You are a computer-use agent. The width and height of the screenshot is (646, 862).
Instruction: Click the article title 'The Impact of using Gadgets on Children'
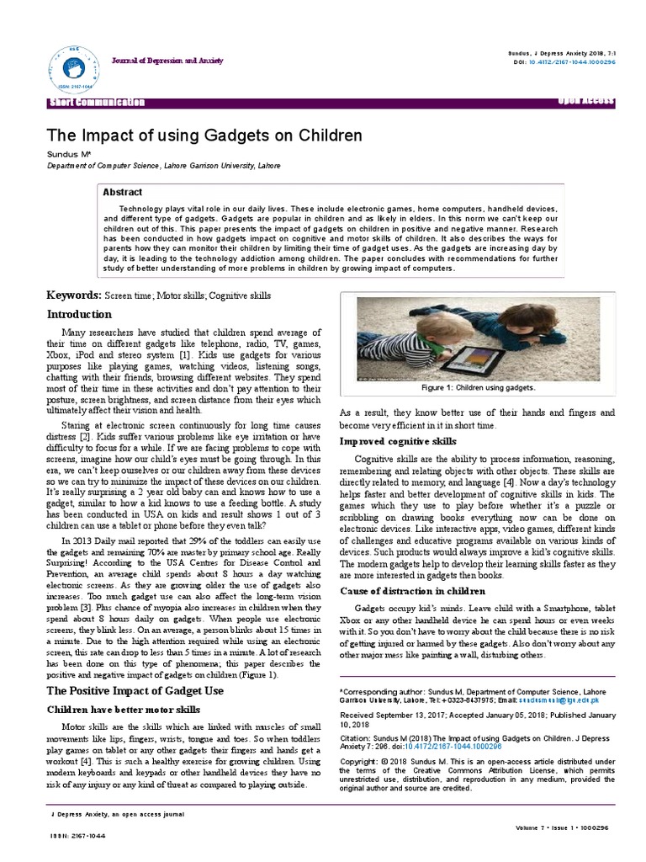coord(204,136)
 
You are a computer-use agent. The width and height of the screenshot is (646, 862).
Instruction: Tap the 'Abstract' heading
coord(122,192)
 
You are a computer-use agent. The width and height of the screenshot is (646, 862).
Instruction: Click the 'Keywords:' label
coord(73,296)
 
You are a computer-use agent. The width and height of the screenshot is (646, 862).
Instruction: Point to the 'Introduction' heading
coord(79,314)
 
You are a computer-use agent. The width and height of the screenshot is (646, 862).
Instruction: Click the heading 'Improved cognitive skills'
coord(398,441)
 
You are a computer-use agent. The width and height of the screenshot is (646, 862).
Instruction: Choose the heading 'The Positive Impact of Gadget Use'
coord(134,690)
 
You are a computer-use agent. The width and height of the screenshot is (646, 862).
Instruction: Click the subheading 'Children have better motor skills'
coord(123,710)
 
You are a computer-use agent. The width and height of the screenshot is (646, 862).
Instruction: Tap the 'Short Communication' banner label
coord(98,103)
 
